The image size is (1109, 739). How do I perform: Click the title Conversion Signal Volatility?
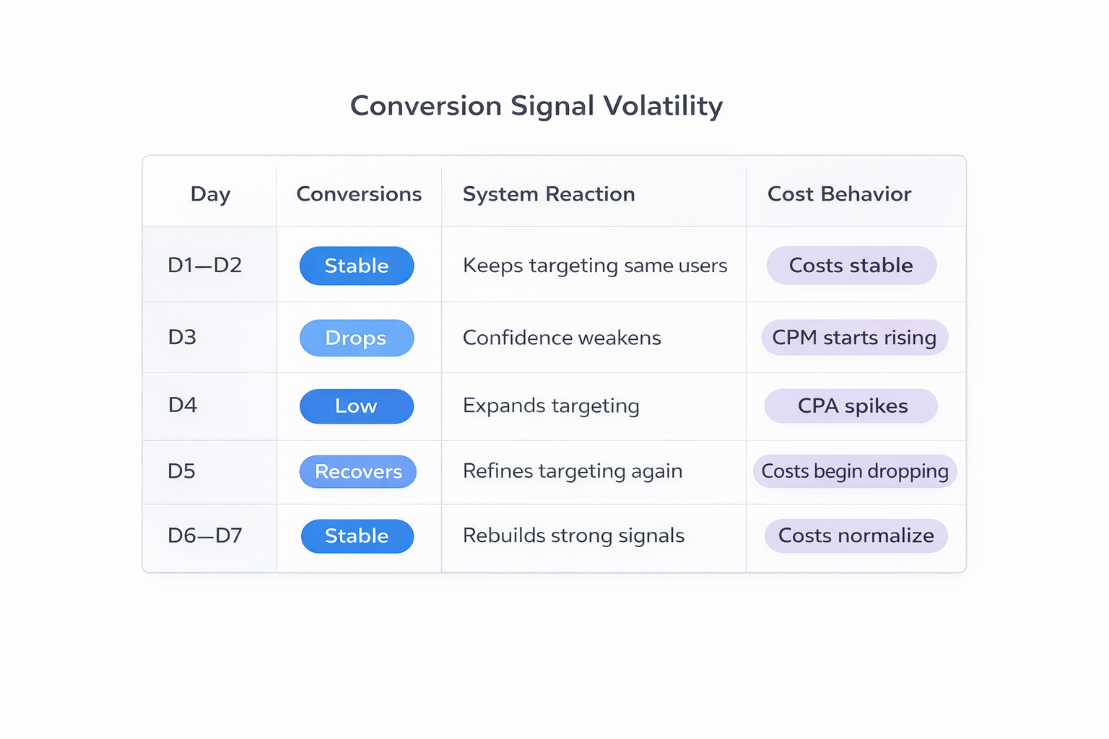[x=536, y=106]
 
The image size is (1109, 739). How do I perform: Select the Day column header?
[x=210, y=194]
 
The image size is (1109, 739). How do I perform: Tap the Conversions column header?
[x=359, y=194]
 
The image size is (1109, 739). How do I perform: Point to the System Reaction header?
[x=549, y=194]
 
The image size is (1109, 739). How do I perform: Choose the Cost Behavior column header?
[x=839, y=194]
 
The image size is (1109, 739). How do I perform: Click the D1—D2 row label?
[x=204, y=266]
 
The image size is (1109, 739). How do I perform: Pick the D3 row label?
[x=182, y=338]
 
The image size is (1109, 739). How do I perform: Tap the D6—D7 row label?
[x=204, y=535]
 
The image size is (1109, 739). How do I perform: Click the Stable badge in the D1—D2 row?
[x=357, y=266]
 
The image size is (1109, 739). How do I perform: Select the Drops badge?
[x=357, y=338]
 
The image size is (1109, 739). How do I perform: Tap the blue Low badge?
[x=357, y=406]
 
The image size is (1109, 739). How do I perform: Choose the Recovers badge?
[x=358, y=472]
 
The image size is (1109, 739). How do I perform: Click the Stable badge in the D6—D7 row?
[x=357, y=536]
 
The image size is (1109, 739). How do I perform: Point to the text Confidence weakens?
[x=562, y=338]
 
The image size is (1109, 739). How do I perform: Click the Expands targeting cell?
[x=551, y=406]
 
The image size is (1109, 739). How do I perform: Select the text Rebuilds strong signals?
[x=573, y=535]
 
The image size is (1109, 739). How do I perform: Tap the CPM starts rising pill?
[x=854, y=338]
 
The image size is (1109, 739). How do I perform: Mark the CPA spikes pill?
[x=852, y=406]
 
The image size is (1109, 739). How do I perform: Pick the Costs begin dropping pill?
[x=855, y=471]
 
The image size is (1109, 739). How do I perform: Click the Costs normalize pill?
[x=856, y=535]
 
